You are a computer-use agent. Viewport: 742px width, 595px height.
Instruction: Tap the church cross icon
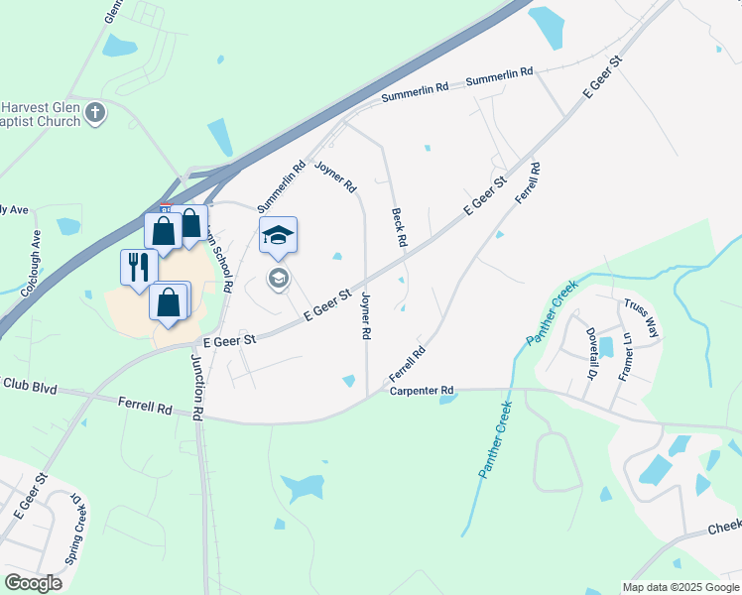click(x=95, y=112)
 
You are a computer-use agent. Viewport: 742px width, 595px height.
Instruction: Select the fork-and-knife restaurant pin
click(x=138, y=267)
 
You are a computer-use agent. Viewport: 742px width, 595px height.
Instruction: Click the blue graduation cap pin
click(x=279, y=235)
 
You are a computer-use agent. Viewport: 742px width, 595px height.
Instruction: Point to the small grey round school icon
click(x=278, y=279)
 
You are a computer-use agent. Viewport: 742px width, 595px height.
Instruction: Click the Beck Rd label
click(x=399, y=227)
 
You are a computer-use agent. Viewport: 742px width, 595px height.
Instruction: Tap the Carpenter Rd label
click(x=421, y=391)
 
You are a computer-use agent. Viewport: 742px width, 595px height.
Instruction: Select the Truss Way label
click(x=639, y=316)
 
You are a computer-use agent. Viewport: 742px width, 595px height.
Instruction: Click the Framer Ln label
click(x=625, y=355)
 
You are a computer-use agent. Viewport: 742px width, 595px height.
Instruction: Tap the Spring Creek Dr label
click(x=75, y=535)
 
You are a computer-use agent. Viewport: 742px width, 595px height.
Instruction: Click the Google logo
click(x=33, y=582)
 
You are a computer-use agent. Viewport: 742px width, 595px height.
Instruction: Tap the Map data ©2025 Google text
click(x=680, y=587)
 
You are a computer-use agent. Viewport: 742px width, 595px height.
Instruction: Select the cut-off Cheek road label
click(x=725, y=531)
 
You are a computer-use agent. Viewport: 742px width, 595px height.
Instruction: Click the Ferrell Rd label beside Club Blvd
click(x=145, y=408)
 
